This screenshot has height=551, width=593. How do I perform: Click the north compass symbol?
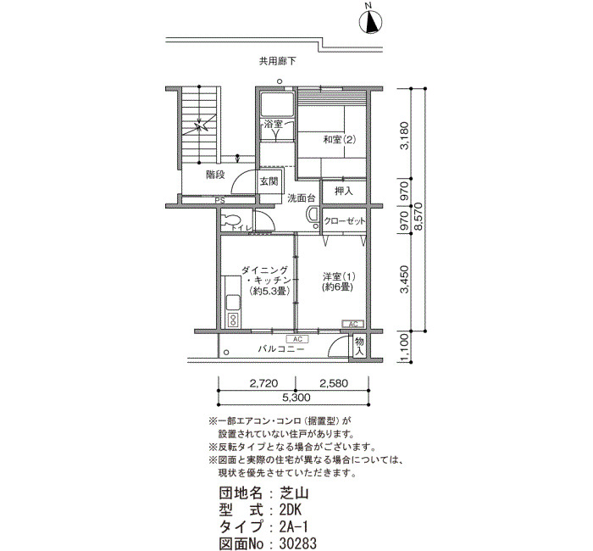[x=370, y=22]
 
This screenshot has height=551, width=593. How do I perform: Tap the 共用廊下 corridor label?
[x=277, y=61]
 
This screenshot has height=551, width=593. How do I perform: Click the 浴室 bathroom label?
[x=274, y=124]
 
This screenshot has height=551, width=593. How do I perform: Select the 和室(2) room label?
[x=340, y=140]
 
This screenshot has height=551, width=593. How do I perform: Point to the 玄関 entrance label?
[x=269, y=181]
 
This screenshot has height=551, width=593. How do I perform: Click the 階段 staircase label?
[x=215, y=175]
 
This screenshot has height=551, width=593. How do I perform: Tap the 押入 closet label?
[x=344, y=192]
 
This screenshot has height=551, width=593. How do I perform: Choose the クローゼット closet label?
[x=345, y=221]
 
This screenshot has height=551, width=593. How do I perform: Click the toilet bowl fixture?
[x=231, y=220]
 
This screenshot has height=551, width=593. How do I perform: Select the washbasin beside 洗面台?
[x=313, y=217]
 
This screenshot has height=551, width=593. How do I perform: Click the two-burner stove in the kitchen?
[x=233, y=320]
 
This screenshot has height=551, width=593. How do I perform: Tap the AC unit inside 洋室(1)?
[x=353, y=324]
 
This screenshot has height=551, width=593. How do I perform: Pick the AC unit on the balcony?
[x=297, y=339]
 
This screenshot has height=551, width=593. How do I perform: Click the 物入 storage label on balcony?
[x=359, y=347]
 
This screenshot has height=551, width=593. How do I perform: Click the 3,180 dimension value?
[x=405, y=135]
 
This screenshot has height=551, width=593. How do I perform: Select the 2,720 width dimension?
[x=263, y=383]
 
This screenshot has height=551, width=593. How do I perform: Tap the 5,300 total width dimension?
[x=296, y=398]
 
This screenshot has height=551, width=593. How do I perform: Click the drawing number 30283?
[x=297, y=543]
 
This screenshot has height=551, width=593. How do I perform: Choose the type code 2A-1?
[x=293, y=526]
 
